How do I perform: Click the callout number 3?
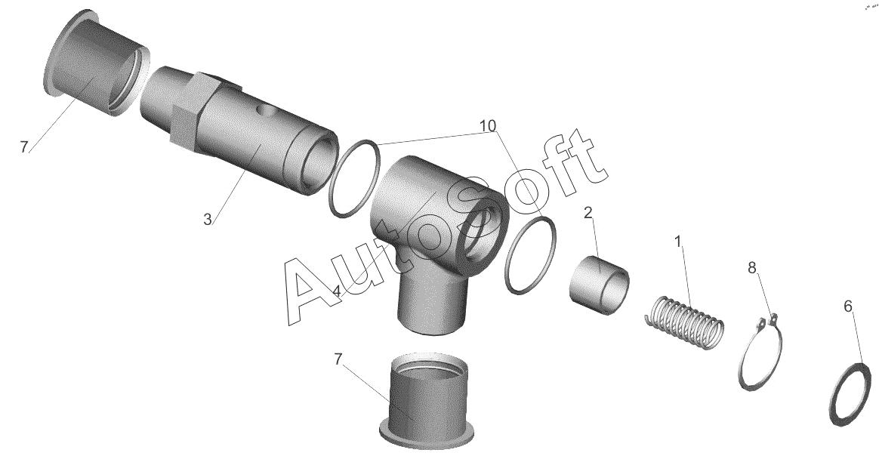coord(208,220)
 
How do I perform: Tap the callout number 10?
coord(488,126)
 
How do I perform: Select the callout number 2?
coord(588,212)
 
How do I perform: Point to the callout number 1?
coord(677,242)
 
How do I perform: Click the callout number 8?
coord(751,267)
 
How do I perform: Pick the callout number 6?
coord(847,307)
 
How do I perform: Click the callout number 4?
coord(336,291)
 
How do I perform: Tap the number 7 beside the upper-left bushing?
coord(23,147)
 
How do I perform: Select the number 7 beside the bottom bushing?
coord(338,359)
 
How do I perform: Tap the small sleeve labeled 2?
coord(600,285)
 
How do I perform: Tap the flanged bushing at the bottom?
coord(426,401)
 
